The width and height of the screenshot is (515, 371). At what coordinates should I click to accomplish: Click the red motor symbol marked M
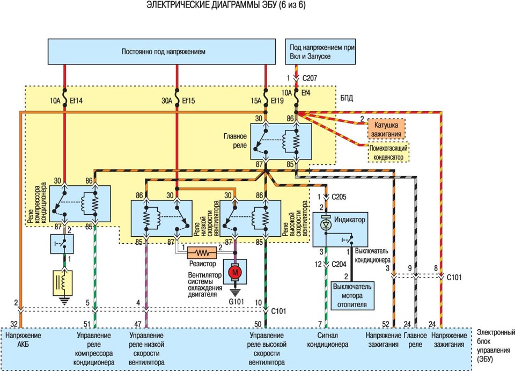coord(235,272)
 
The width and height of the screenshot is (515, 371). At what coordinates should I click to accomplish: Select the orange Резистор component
coord(202,253)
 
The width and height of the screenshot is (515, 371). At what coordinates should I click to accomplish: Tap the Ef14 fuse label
coord(76,101)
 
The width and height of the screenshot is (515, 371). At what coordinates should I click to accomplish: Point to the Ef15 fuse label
coord(188,101)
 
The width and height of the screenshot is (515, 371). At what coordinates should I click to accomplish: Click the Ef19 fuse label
coord(277,101)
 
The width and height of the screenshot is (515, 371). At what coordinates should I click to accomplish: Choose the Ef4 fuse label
coord(305,93)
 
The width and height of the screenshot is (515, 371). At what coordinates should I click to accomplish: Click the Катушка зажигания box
coord(386,129)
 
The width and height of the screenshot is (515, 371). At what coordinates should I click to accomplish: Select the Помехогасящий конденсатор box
coord(388,152)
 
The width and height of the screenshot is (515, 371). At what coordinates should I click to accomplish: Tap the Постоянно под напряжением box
coord(161,52)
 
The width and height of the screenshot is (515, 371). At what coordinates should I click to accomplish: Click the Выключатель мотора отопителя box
coord(352,295)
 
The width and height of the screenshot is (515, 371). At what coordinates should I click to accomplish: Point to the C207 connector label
coord(310,78)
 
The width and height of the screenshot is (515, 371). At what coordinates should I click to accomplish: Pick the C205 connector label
coord(339,197)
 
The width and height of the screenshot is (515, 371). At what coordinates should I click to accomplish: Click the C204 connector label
coord(339,264)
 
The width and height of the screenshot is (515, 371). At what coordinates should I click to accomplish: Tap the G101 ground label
coord(236,301)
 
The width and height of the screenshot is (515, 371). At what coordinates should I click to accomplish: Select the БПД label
coord(347,98)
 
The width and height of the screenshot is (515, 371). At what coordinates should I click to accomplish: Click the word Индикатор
coord(349,220)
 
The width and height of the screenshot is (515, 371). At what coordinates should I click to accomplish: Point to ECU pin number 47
coord(138,324)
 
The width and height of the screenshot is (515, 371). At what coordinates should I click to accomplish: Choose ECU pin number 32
coord(13,324)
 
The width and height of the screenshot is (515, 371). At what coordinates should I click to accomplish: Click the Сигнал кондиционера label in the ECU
coord(327,340)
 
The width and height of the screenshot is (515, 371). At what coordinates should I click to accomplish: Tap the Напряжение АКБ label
coord(23,340)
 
